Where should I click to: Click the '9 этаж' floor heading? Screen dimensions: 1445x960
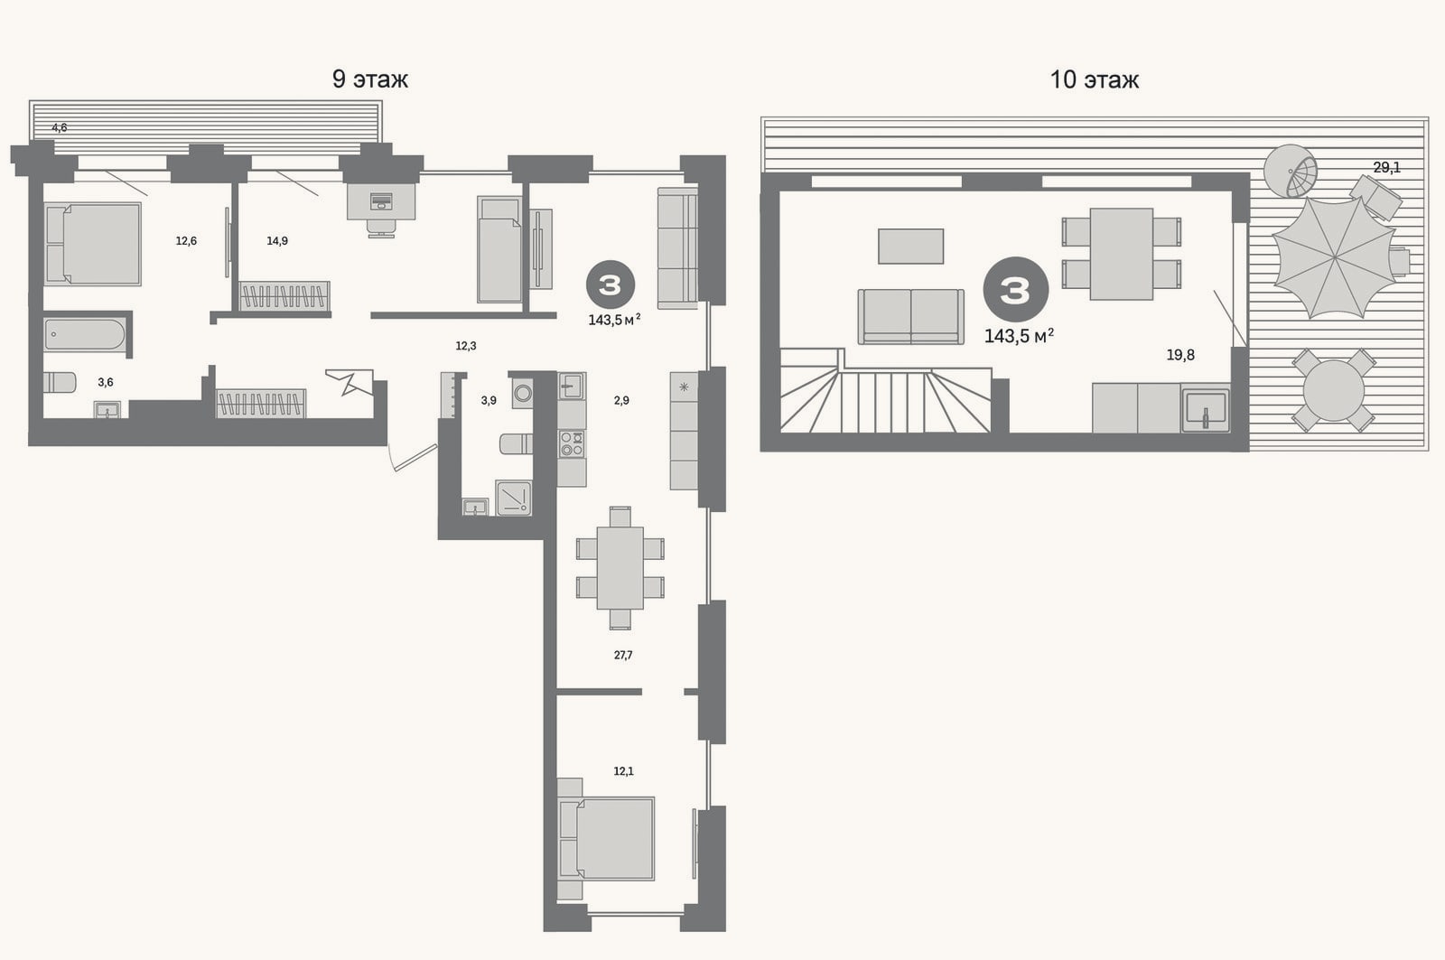point(369,79)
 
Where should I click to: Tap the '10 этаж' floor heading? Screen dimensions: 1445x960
point(1094,79)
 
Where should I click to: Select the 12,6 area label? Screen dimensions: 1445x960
point(186,240)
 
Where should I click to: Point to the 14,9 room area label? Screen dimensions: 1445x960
point(276,240)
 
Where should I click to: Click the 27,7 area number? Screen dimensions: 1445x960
point(622,655)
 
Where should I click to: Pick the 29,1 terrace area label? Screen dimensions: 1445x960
point(1386,167)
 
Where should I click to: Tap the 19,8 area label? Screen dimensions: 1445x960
point(1179,354)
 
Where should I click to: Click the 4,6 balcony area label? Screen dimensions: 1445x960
point(59,127)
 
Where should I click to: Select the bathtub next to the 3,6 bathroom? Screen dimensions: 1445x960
point(85,335)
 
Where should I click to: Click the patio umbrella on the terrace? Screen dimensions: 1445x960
point(1334,257)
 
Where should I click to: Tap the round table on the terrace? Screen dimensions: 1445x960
point(1333,390)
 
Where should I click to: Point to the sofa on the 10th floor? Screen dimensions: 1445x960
point(911,316)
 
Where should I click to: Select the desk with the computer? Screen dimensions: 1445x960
point(380,201)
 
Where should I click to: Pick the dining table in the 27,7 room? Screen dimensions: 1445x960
point(620,568)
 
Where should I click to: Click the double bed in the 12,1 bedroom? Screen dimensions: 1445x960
point(607,839)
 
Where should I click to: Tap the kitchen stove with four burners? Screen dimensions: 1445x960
point(572,443)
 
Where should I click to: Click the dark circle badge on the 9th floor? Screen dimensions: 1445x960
point(611,284)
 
